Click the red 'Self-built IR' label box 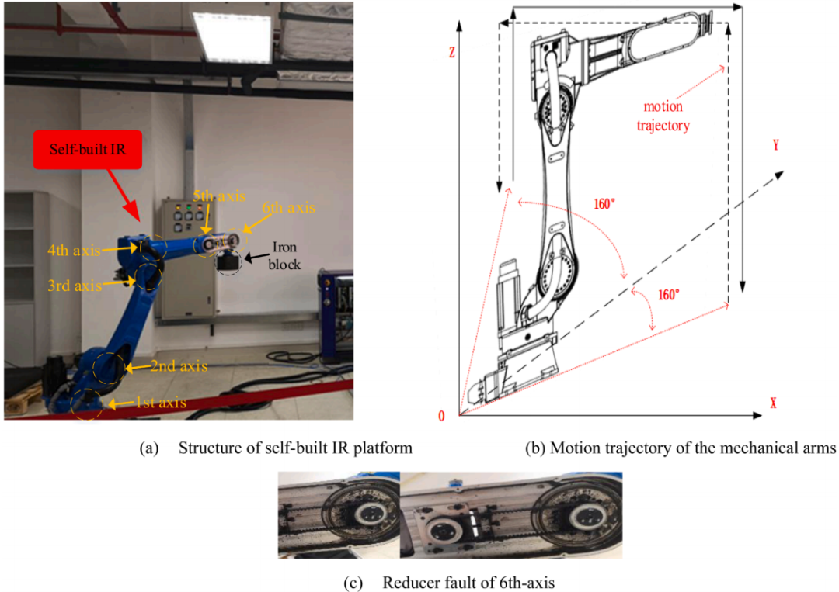[x=88, y=149]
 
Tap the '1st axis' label [x=161, y=403]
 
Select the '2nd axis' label [x=178, y=366]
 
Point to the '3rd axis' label [x=75, y=286]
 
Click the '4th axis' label [x=74, y=250]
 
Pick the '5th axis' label [x=219, y=196]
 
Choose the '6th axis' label [x=288, y=207]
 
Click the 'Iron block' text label [x=284, y=256]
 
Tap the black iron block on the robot [x=228, y=262]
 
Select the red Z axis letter [x=452, y=52]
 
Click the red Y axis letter [x=776, y=145]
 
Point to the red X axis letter [x=773, y=403]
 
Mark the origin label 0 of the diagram [x=441, y=416]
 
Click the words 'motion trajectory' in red [x=663, y=116]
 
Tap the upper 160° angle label [x=604, y=204]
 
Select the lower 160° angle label [x=668, y=295]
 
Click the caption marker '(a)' [x=149, y=448]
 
